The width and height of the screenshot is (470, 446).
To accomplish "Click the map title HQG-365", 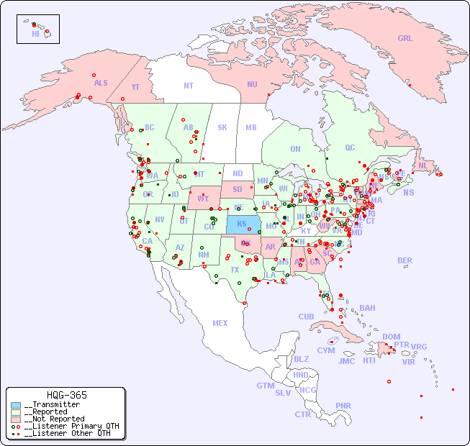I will (x=66, y=395).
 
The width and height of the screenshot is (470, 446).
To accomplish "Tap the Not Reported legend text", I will (x=55, y=419).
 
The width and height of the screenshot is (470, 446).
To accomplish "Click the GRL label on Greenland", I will (x=405, y=39).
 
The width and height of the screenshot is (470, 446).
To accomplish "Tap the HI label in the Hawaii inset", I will (x=35, y=34).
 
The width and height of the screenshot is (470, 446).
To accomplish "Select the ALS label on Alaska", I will (x=101, y=83).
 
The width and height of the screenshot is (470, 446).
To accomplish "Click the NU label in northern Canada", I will (x=252, y=85).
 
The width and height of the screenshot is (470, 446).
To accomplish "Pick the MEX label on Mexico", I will (x=220, y=324).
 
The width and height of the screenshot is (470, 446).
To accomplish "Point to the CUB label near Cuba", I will (x=306, y=317).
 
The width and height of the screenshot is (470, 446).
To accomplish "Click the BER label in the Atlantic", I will (x=405, y=260).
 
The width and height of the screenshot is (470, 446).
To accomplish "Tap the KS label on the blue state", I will (x=242, y=224).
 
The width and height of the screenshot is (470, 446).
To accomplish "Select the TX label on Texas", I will (x=235, y=270).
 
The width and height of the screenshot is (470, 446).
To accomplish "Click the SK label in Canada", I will (x=222, y=128).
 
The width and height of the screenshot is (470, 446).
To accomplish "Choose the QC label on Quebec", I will (x=350, y=148).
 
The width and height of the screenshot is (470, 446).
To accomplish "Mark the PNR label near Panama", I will (x=343, y=406).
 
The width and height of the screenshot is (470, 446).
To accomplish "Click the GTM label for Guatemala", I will (x=265, y=386).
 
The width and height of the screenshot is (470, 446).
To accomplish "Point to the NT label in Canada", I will (x=189, y=86).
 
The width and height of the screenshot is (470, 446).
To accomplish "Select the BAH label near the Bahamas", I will (x=367, y=308).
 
